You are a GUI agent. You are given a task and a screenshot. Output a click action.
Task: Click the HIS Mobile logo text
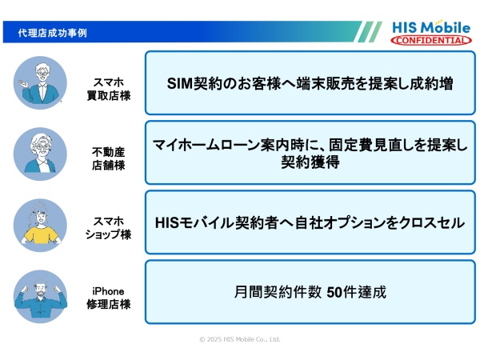[430, 26]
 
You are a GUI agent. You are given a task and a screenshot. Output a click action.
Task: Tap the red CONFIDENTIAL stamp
[431, 40]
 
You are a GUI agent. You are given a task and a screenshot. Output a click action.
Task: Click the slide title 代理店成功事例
[53, 33]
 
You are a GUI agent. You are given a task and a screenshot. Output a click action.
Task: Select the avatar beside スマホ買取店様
[40, 82]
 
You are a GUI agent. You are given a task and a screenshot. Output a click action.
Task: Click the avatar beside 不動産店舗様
[40, 152]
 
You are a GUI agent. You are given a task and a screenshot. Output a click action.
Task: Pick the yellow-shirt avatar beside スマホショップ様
[40, 223]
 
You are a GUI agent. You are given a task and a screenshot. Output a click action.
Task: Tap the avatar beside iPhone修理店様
[40, 294]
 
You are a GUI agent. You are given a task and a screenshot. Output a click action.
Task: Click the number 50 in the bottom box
[334, 292]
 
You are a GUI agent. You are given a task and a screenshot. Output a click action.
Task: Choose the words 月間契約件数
[278, 292]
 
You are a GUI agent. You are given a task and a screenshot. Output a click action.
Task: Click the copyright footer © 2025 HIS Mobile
[240, 339]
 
